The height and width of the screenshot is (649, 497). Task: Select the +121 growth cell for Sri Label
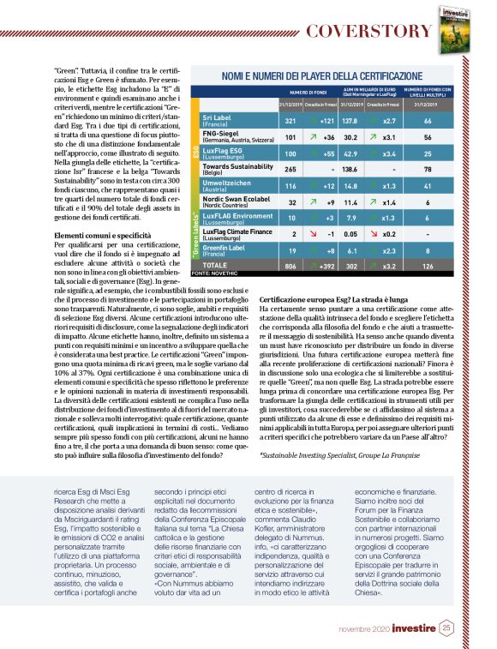(x=326, y=121)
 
